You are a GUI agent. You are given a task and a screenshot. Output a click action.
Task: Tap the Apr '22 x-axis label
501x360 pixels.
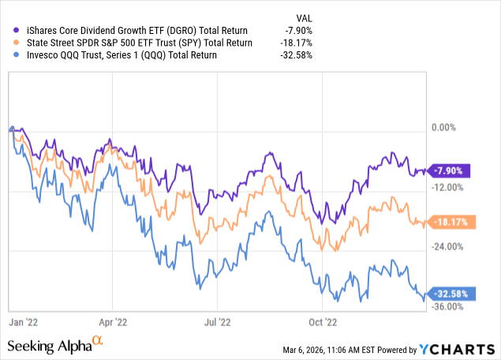point(113,322)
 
